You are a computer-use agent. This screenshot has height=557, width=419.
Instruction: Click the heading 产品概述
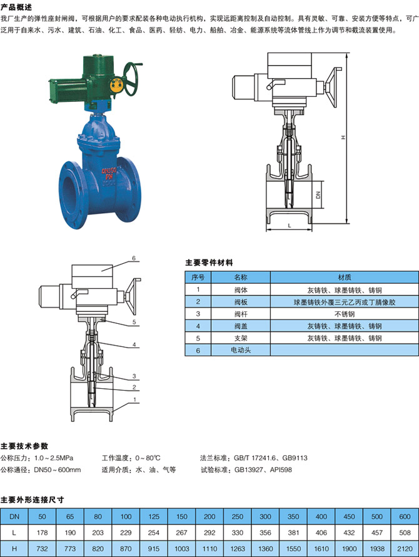pos(16,7)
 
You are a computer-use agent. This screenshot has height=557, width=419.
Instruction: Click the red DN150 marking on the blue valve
pos(109,171)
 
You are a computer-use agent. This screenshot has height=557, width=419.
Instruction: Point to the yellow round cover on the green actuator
pos(116,86)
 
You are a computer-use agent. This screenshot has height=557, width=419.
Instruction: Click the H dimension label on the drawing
pos(343,137)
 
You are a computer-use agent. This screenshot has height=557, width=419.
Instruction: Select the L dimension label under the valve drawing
pos(290,226)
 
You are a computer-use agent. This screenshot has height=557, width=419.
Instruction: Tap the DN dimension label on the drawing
pos(318,194)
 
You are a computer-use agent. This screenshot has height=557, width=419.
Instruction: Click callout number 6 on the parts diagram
pos(134,258)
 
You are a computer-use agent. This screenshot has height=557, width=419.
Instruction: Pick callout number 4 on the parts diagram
pos(134,344)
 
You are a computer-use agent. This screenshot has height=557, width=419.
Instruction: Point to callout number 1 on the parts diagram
pos(134,399)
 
